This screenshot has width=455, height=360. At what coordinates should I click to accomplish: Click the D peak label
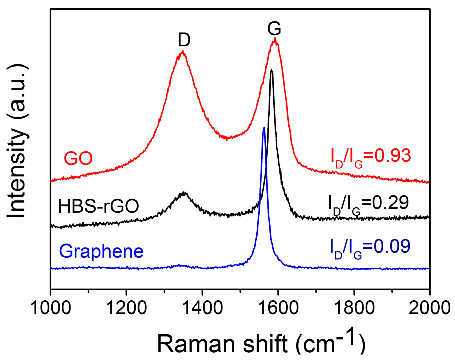pos(184,40)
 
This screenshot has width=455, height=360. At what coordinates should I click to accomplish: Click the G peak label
pos(274,29)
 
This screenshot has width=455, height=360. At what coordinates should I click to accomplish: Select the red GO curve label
pos(78,159)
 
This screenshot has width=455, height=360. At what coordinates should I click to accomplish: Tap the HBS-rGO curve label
pos(98,206)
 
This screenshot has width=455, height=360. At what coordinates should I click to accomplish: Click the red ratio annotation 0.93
pos(371,157)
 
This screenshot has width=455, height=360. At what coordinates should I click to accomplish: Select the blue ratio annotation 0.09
pos(370,247)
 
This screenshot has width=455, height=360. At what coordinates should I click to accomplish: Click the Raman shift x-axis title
pos(261,343)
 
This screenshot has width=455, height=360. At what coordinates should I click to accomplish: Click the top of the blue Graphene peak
pos(264,128)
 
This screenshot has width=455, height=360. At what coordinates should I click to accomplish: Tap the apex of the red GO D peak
pos(183,51)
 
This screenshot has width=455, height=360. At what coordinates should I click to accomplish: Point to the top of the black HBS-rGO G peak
pos(271,70)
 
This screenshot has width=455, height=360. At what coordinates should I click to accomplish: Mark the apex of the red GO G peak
pos(275,38)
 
